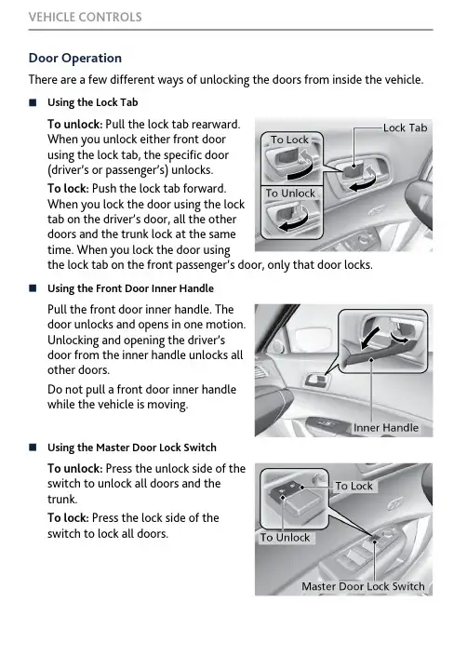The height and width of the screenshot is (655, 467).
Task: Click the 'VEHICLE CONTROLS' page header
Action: [86, 17]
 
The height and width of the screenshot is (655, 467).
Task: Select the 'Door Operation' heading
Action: [75, 58]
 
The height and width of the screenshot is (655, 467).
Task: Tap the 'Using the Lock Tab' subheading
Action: [93, 102]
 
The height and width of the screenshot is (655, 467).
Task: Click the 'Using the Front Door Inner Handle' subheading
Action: [131, 288]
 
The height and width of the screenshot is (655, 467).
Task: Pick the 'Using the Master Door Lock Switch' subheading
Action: [132, 448]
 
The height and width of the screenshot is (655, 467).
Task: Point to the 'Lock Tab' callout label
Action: [405, 127]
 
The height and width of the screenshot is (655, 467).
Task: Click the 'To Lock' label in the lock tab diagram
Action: [289, 140]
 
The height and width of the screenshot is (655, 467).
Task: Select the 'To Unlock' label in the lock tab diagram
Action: [290, 194]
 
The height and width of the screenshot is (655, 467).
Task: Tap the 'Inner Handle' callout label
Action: [385, 428]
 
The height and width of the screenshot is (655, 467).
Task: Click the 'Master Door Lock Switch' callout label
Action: [363, 586]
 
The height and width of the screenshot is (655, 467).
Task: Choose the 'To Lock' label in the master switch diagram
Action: [354, 486]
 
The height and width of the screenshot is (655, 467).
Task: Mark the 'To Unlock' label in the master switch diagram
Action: [285, 538]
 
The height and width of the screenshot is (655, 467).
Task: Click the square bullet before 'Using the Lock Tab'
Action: [33, 102]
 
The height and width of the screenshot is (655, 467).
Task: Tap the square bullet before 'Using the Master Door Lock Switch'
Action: [33, 448]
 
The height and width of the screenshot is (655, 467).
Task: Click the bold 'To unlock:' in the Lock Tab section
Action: [74, 125]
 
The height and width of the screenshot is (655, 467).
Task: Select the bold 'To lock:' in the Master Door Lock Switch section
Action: [68, 518]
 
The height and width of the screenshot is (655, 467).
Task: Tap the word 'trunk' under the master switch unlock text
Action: [62, 500]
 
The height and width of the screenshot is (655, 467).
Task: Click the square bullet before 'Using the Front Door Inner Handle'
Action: [33, 288]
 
